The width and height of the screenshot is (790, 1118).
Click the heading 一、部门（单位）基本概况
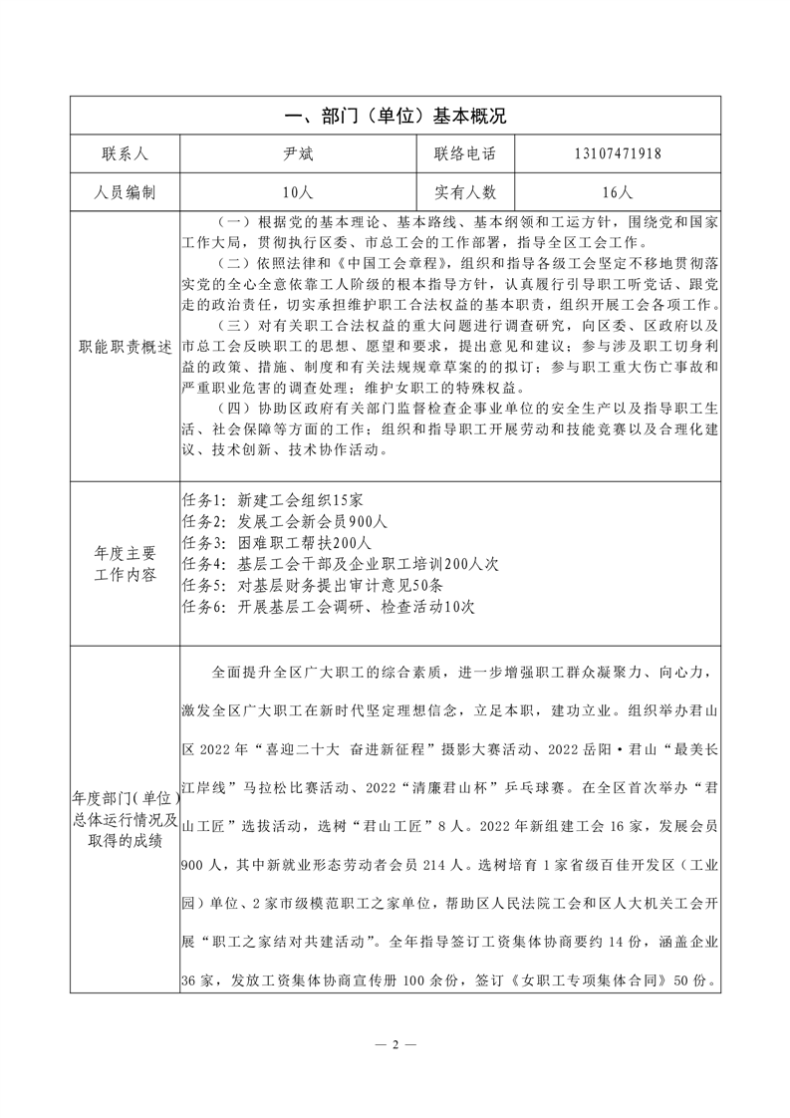395,117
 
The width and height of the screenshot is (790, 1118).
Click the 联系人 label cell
124,154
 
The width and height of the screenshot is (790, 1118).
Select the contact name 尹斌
298,154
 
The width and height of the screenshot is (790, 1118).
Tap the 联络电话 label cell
464,154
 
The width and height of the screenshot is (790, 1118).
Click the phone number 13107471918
618,154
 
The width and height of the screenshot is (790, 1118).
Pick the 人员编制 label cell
124,191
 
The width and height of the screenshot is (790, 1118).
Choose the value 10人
298,191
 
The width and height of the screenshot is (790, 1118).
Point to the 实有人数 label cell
464,191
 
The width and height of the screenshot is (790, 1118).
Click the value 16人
618,191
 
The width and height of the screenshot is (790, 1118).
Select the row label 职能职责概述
124,347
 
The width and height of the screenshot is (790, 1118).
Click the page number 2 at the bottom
395,1044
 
